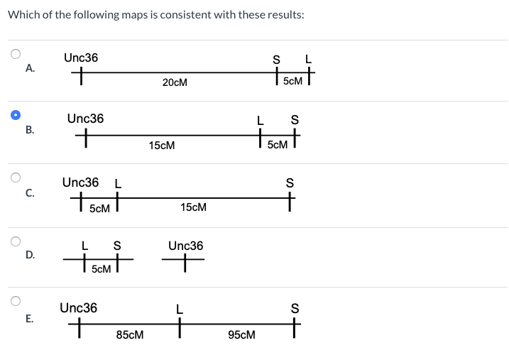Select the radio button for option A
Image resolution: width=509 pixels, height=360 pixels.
pyautogui.click(x=15, y=53)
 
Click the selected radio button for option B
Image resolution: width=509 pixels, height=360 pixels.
pyautogui.click(x=15, y=114)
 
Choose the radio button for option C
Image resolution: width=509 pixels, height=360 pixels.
pyautogui.click(x=15, y=178)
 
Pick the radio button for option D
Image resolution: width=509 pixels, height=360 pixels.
pyautogui.click(x=15, y=240)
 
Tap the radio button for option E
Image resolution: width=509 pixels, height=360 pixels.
pyautogui.click(x=15, y=301)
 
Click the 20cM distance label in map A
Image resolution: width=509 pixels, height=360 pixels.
pyautogui.click(x=175, y=82)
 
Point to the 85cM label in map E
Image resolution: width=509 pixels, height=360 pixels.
pyautogui.click(x=130, y=334)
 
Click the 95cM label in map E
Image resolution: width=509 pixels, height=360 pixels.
pyautogui.click(x=241, y=334)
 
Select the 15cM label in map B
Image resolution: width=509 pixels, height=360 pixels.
pyautogui.click(x=162, y=145)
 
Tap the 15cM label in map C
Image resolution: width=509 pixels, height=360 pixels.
pyautogui.click(x=193, y=207)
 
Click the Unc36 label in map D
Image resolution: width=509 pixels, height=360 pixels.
pyautogui.click(x=185, y=246)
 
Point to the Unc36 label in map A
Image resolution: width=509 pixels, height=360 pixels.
pyautogui.click(x=81, y=58)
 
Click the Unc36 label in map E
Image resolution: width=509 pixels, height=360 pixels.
pyautogui.click(x=78, y=307)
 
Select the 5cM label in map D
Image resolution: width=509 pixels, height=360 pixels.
pyautogui.click(x=102, y=269)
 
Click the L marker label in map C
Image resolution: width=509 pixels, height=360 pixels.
pyautogui.click(x=118, y=183)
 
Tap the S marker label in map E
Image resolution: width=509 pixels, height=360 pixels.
pyautogui.click(x=295, y=308)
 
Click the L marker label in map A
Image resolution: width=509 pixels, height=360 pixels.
pyautogui.click(x=308, y=59)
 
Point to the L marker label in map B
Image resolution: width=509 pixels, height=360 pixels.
pyautogui.click(x=261, y=120)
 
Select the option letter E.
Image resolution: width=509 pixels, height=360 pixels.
pyautogui.click(x=29, y=319)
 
